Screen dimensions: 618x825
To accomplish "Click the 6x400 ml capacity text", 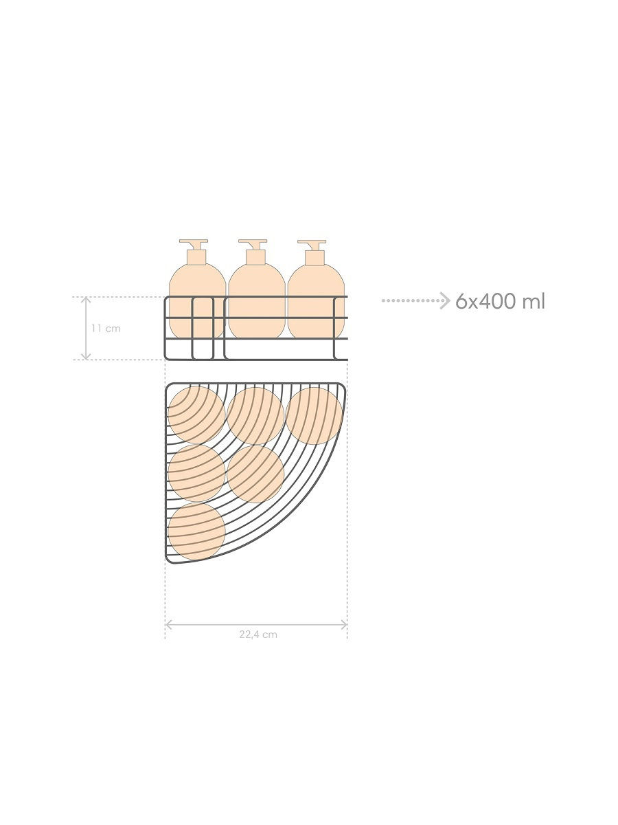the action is point(500,301).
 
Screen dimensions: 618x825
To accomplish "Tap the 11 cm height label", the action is point(106,329).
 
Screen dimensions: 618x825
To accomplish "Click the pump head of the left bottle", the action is point(194,243).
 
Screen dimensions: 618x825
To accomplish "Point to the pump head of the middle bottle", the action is point(253,243).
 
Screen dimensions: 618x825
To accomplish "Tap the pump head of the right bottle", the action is point(312,243).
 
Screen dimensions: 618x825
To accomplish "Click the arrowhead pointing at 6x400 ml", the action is point(446,300).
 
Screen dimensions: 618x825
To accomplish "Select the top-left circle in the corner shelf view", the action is point(196,415).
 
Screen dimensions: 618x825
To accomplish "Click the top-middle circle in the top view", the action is point(255,416).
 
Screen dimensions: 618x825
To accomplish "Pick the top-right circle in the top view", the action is point(314,416).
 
